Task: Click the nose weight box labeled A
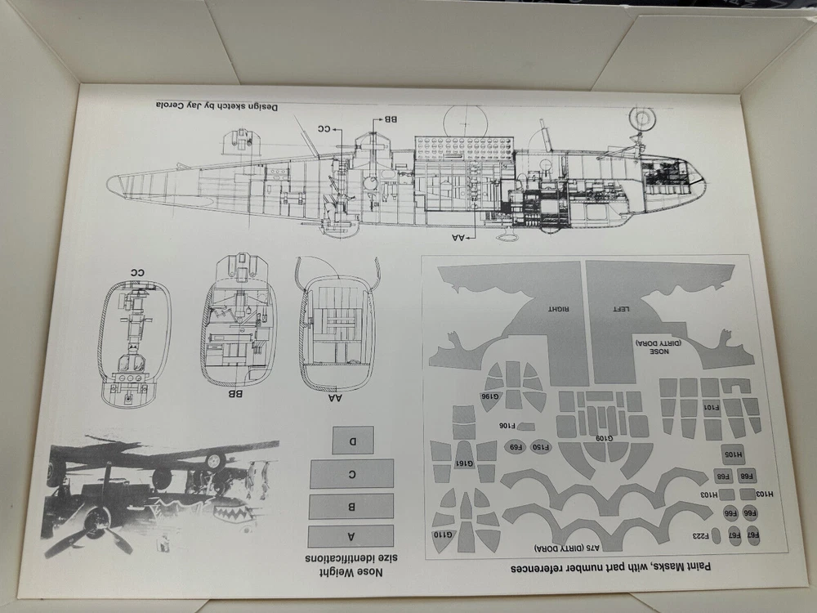click(350, 536)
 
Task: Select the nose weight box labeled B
click(350, 506)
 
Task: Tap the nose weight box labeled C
click(351, 474)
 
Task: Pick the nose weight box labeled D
click(353, 441)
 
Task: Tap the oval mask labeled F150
click(542, 446)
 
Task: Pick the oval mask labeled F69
click(516, 446)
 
